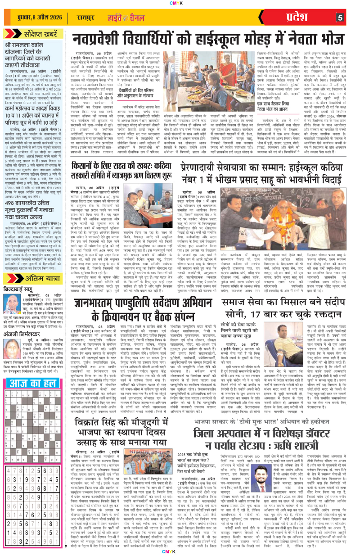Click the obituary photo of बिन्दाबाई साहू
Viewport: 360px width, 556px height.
tap(10, 289)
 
